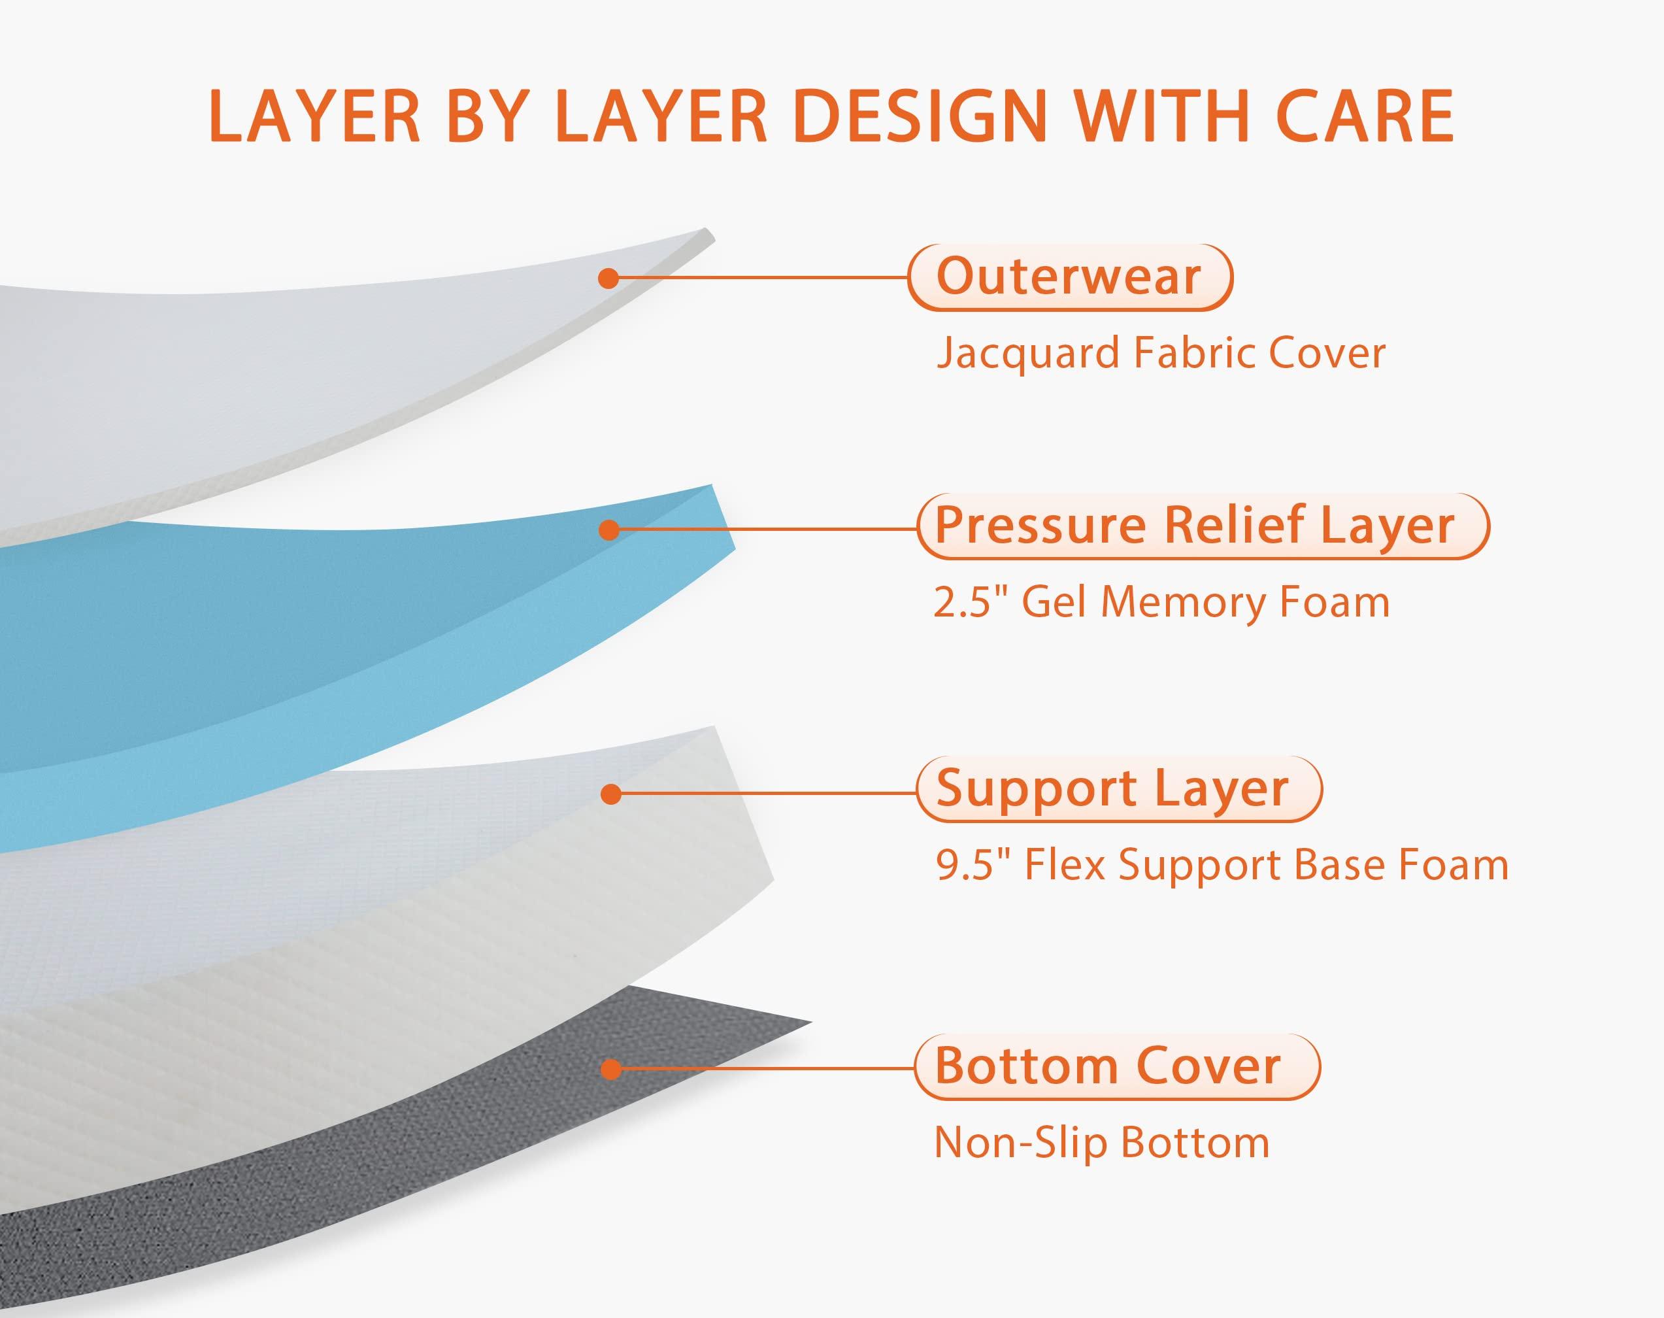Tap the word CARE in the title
pyautogui.click(x=1365, y=117)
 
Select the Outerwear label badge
pyautogui.click(x=1069, y=277)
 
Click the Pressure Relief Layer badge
pyautogui.click(x=1202, y=526)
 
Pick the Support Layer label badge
pyautogui.click(x=1118, y=789)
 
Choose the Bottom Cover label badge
pyautogui.click(x=1116, y=1067)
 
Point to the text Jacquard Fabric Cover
pyautogui.click(x=1160, y=354)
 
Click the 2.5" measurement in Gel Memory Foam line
pyautogui.click(x=961, y=603)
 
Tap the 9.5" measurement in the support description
pyautogui.click(x=963, y=866)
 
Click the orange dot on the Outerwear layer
pyautogui.click(x=608, y=278)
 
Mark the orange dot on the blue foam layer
pyautogui.click(x=608, y=530)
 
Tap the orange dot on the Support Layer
pyautogui.click(x=610, y=794)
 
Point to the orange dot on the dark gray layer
pyautogui.click(x=610, y=1070)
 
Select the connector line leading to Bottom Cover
pyautogui.click(x=764, y=1069)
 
